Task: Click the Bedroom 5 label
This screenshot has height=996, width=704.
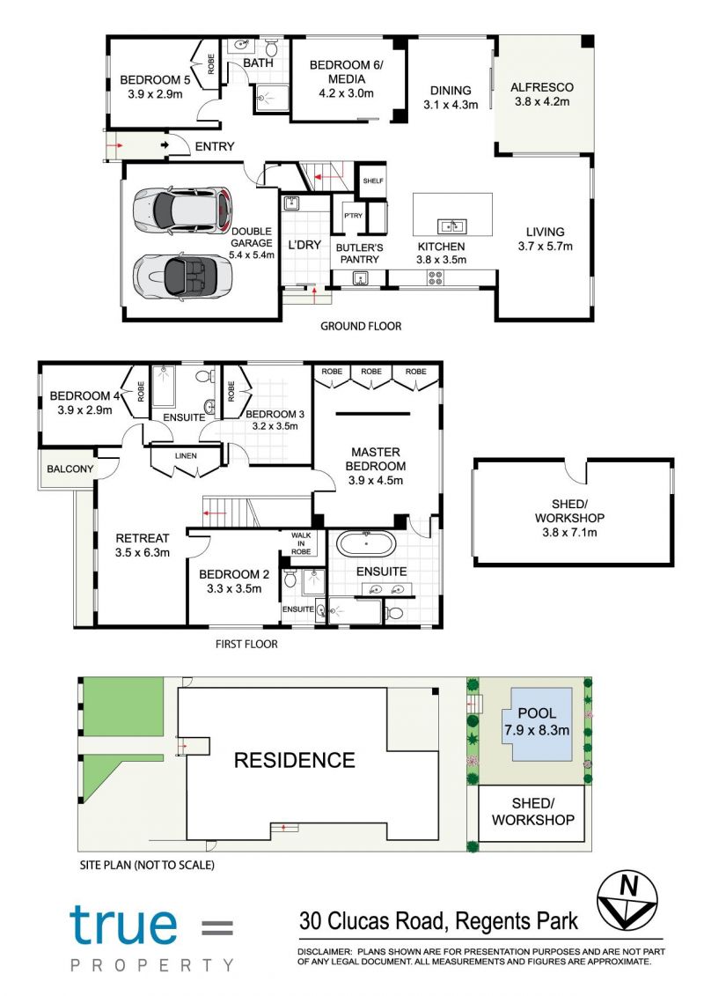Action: click(155, 86)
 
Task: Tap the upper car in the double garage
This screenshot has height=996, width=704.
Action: click(182, 210)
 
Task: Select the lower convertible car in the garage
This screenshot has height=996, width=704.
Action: click(182, 276)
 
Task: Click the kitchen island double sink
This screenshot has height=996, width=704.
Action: click(452, 226)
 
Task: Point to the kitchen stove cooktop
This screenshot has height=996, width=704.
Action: click(436, 277)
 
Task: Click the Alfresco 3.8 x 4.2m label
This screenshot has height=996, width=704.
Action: click(542, 94)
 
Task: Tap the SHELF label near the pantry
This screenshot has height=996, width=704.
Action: click(373, 181)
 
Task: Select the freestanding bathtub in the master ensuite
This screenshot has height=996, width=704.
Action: click(366, 544)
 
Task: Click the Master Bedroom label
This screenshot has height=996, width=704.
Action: click(375, 466)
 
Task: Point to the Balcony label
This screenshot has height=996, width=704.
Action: click(70, 468)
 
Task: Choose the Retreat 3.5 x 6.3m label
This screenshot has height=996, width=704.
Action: click(143, 545)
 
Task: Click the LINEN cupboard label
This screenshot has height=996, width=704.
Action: click(186, 455)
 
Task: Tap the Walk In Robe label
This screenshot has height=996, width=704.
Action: click(301, 543)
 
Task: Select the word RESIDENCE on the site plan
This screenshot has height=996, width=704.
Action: click(295, 760)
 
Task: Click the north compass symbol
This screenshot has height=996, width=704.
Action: click(627, 899)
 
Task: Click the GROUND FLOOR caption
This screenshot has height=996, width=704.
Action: click(361, 326)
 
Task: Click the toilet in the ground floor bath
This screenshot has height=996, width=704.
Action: click(272, 48)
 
